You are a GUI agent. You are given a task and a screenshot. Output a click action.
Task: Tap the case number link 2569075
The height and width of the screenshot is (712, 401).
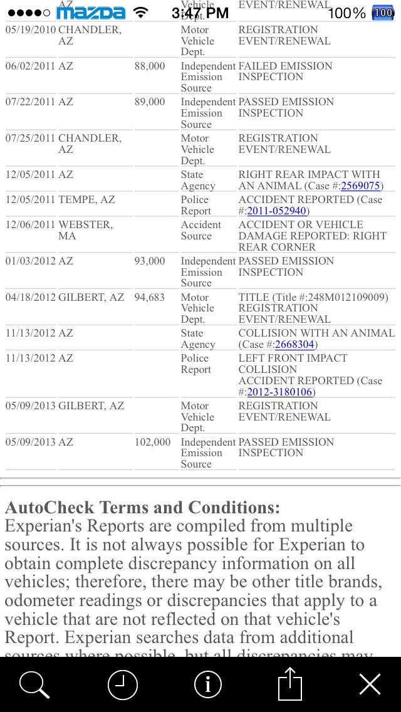coord(360,186)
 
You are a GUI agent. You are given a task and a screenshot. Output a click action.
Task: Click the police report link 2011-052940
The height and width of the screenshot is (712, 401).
coord(276,211)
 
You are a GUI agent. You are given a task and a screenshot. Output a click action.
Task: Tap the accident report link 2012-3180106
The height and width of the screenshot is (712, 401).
coord(280,392)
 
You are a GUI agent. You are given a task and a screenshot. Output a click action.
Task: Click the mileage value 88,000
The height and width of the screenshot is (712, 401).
coord(150,66)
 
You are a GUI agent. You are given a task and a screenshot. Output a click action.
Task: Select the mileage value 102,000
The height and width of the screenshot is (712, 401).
coord(152,442)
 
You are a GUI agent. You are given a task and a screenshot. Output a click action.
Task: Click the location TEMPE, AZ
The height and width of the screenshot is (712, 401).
coord(86,199)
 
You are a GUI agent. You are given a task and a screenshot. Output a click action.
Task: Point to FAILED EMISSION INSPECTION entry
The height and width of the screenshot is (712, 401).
coord(285,71)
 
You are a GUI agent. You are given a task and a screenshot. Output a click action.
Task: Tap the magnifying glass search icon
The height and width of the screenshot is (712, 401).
coord(34,684)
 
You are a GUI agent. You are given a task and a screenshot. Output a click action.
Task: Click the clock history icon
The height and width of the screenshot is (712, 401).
coord(122,684)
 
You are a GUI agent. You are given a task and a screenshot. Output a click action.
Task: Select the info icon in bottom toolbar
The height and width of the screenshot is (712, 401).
coord(208,684)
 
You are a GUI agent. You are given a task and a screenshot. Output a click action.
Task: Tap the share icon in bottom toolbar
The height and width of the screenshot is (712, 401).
coord(289,683)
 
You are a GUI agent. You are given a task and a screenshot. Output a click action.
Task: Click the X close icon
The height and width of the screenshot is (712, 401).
coord(370,684)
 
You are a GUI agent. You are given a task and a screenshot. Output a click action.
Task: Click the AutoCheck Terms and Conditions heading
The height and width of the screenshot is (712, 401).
coord(142,507)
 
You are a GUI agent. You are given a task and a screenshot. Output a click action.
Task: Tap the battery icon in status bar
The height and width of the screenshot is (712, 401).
coord(382,13)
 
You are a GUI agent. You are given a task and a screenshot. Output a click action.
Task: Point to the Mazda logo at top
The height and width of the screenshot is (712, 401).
coord(91,13)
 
